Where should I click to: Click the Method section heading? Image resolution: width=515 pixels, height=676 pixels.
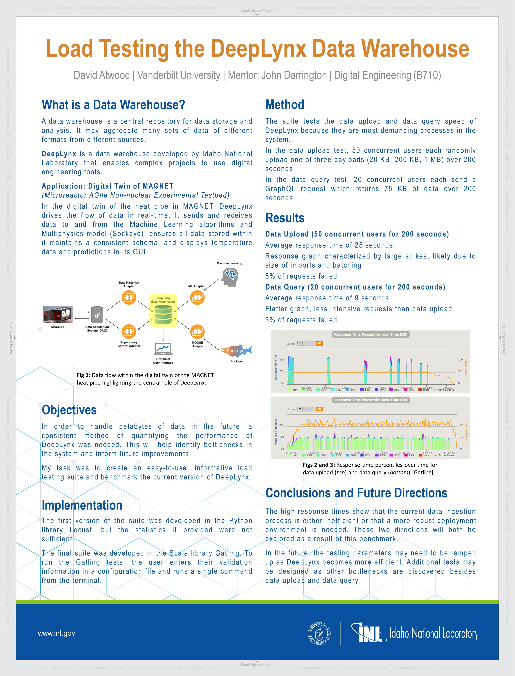[x=285, y=105]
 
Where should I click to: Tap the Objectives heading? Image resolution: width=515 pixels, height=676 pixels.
[x=69, y=410]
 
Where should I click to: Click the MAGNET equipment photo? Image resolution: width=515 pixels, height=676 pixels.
[x=58, y=315]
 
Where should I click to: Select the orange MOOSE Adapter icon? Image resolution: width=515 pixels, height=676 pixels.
[x=197, y=332]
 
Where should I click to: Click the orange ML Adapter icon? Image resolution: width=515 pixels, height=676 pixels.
[x=197, y=297]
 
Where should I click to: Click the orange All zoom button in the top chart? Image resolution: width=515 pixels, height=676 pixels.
[x=319, y=343]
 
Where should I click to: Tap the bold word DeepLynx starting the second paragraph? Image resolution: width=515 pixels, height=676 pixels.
[x=59, y=154]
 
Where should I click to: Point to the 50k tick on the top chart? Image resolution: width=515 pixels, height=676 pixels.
[x=282, y=360]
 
